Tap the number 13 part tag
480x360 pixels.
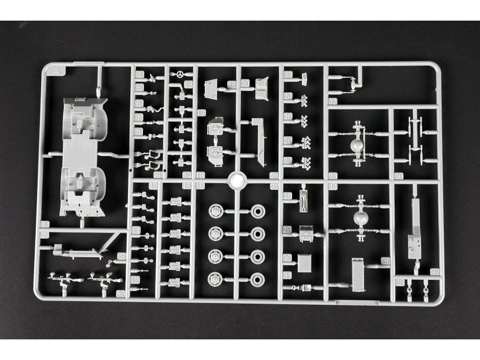point(188,84)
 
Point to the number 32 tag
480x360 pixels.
point(333,101)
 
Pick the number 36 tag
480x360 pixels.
point(398,176)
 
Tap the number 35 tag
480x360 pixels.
point(386,261)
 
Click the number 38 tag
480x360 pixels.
point(400,282)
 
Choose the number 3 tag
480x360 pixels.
point(121,256)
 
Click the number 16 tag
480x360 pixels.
point(232,84)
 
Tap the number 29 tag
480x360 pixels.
point(287,229)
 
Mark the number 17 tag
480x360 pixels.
point(201,113)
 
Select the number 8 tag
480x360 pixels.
point(138,132)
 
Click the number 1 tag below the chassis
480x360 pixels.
point(45,224)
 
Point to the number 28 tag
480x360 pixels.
point(287,195)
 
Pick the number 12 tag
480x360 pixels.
point(135,279)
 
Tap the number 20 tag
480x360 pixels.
point(245,83)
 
